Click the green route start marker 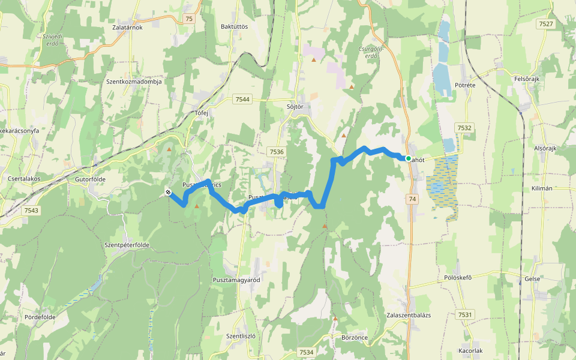coord(409,158)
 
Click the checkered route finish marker coord(168,192)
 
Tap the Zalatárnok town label coord(127,27)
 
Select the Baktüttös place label coord(234,27)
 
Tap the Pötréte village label coord(465,86)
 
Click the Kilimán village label coord(542,188)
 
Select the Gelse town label coord(532,279)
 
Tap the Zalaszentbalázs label coord(409,315)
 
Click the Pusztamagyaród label coord(236,280)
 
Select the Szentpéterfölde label coord(127,245)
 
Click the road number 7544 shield coord(243,99)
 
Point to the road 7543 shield coord(31,211)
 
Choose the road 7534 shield coord(306,352)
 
